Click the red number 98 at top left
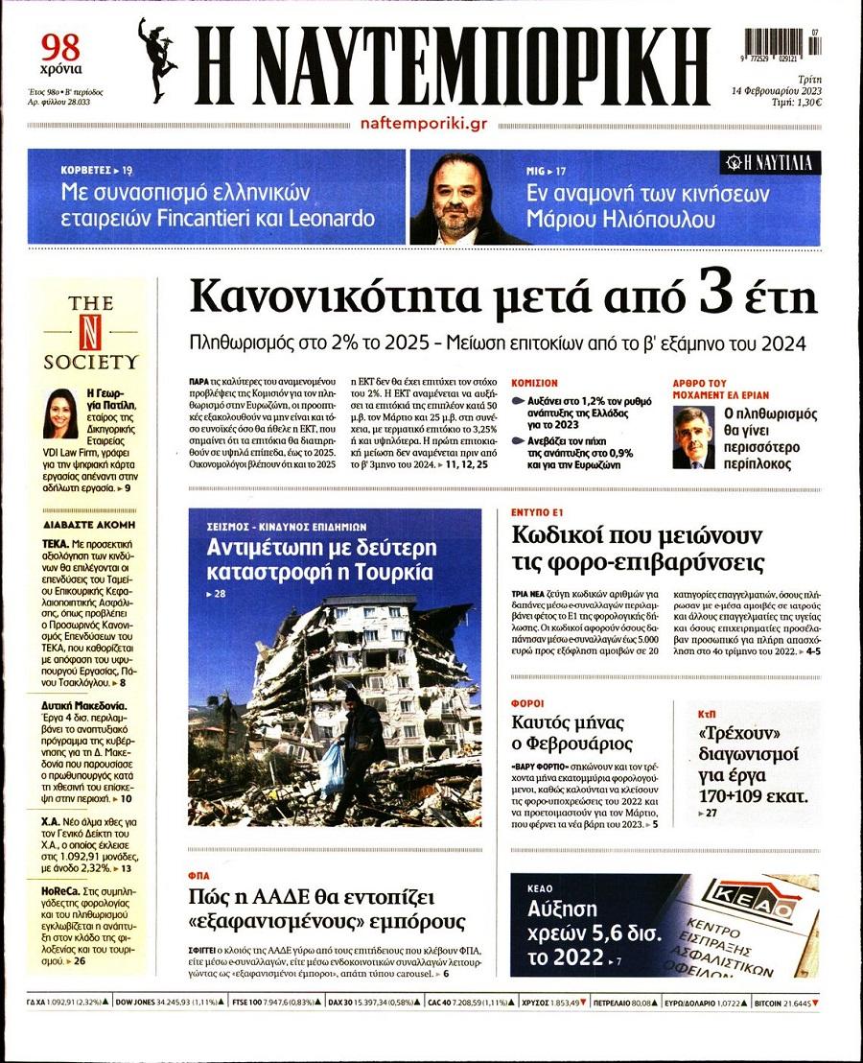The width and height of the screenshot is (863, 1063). pyautogui.click(x=60, y=45)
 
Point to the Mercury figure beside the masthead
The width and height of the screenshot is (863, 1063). pyautogui.click(x=157, y=59)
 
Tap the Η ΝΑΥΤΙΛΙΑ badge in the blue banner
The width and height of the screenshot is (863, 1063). pyautogui.click(x=772, y=163)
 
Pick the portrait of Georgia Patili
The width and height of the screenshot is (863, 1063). pyautogui.click(x=61, y=413)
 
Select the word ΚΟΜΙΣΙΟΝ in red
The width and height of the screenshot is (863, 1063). pyautogui.click(x=535, y=382)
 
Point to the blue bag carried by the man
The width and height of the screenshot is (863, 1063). pyautogui.click(x=331, y=768)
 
